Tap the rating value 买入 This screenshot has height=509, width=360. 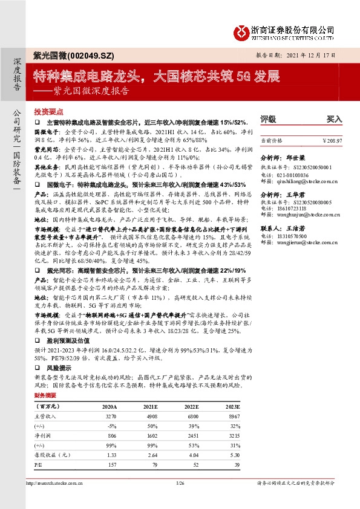pos(334,119)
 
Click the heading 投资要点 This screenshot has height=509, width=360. pos(46,112)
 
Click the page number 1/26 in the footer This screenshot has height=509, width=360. pos(179,483)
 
